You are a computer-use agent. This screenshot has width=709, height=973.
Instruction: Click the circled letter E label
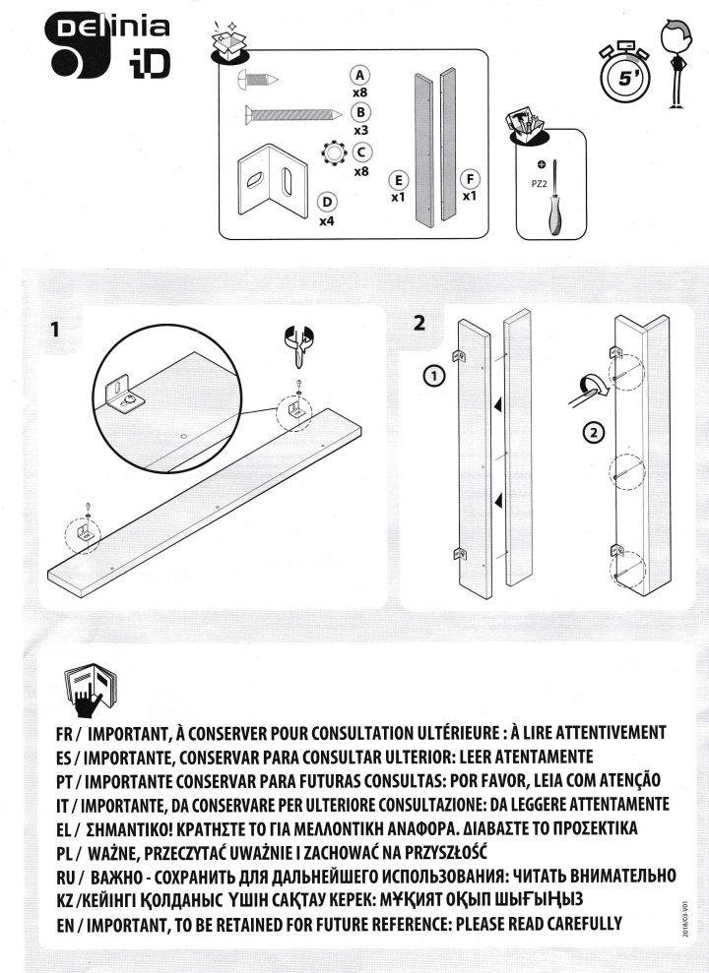[x=399, y=180]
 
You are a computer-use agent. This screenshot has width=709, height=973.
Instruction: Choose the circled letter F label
[x=470, y=179]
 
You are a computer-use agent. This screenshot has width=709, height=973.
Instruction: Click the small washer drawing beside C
[x=333, y=153]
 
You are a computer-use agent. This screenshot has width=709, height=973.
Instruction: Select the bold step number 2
[x=420, y=322]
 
